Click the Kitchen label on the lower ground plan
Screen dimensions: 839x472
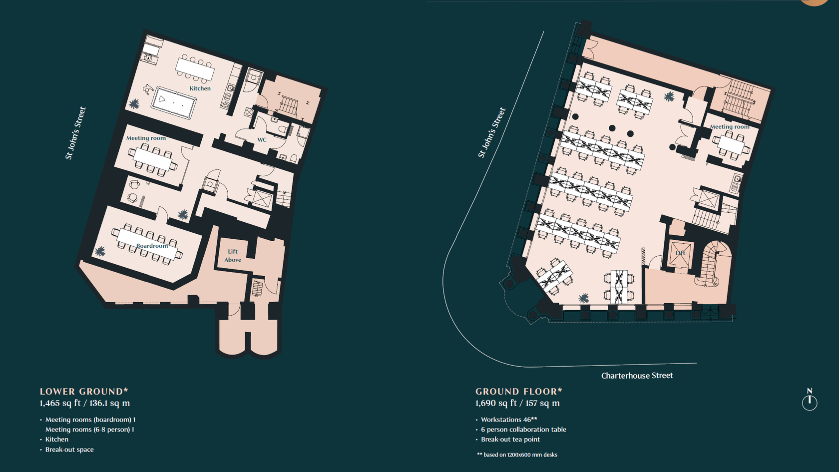click(x=200, y=88)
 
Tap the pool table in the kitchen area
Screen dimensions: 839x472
click(x=174, y=102)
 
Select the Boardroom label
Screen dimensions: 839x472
click(x=152, y=246)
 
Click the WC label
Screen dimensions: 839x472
click(x=262, y=140)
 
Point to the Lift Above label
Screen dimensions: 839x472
click(x=233, y=256)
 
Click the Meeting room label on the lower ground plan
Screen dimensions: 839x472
click(x=146, y=138)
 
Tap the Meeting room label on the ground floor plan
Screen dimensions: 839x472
click(x=730, y=127)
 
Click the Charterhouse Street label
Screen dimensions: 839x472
click(x=637, y=376)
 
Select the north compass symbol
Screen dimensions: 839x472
click(x=810, y=400)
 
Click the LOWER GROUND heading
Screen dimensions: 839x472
click(x=84, y=392)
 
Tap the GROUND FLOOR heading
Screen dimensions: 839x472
click(x=519, y=392)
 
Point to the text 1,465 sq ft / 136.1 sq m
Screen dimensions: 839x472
click(x=85, y=403)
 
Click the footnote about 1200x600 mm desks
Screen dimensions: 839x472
click(x=517, y=455)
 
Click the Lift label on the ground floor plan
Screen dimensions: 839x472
click(x=680, y=253)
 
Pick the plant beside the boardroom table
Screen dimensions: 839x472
click(x=100, y=251)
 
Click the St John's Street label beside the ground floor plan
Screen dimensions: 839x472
click(x=492, y=133)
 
